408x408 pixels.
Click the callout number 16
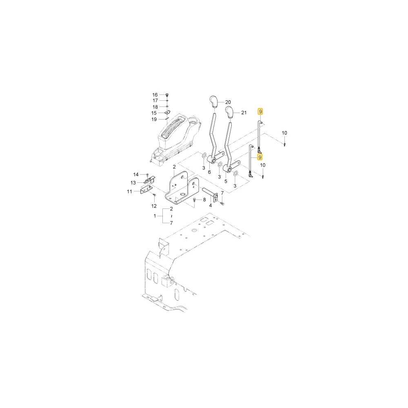coord(155,95)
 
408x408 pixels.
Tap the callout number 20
coord(228,102)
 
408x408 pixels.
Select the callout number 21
coord(244,113)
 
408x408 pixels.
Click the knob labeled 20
coord(213,102)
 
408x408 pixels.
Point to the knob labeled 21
coord(229,112)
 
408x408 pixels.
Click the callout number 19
coord(154,120)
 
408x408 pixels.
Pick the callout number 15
coord(154,113)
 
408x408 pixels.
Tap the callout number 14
coord(136,175)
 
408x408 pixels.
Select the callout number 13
coord(133,183)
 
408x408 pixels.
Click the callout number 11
coord(130,191)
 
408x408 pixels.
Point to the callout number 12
coord(154,206)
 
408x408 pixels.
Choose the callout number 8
coord(204,200)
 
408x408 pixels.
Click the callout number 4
coord(211,206)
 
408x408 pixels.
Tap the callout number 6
coord(209,172)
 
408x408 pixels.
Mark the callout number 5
coord(226,182)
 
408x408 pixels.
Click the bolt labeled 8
coord(195,200)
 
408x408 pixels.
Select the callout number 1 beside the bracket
coord(155,216)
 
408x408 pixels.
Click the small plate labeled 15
coord(167,113)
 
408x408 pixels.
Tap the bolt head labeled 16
coord(167,95)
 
